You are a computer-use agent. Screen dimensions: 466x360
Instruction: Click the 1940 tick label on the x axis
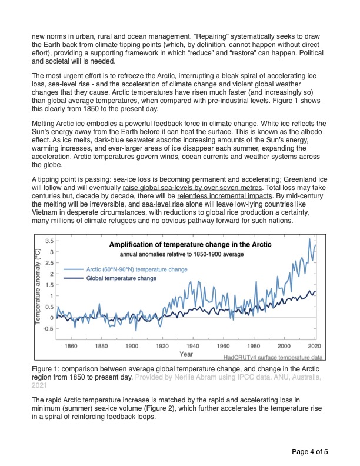pyautogui.click(x=192, y=346)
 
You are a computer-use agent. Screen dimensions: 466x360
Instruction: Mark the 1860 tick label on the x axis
pyautogui.click(x=71, y=346)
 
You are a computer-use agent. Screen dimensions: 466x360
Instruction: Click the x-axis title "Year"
pyautogui.click(x=186, y=354)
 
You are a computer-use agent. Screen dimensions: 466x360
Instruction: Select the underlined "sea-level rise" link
pyautogui.click(x=162, y=204)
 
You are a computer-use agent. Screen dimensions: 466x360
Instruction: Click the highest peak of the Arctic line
pyautogui.click(x=309, y=239)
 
